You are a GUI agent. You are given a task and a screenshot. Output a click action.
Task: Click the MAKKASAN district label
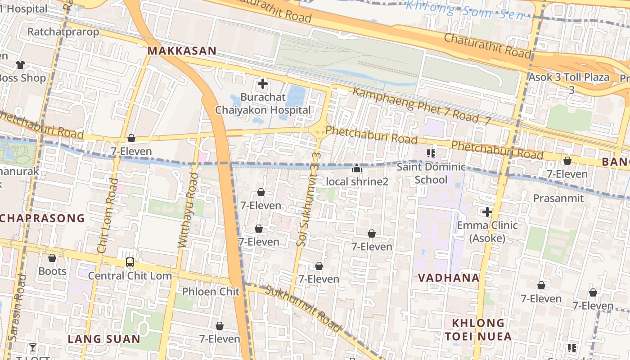[182, 51]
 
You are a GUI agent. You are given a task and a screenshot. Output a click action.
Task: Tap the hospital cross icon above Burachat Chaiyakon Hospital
[262, 84]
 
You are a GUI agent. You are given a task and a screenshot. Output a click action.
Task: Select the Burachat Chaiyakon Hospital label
[263, 103]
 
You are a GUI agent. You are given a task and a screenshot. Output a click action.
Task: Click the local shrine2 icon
[357, 169]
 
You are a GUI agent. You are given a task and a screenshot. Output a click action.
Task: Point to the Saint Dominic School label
[431, 173]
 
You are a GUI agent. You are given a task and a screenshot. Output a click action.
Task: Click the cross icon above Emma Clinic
[487, 211]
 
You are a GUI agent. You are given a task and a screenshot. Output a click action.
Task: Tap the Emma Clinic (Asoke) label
[487, 231]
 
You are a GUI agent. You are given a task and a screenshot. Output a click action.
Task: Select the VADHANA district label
[449, 278]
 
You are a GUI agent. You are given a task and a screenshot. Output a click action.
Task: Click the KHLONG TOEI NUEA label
[478, 329]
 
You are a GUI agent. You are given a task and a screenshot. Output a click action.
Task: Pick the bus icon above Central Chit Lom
[130, 262]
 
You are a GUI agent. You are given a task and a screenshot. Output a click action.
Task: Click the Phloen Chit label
[211, 292]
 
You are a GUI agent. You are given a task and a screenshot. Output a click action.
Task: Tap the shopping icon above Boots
[52, 258]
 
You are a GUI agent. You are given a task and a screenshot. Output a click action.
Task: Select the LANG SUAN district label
[104, 339]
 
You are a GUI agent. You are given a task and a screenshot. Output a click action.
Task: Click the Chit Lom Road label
[108, 216]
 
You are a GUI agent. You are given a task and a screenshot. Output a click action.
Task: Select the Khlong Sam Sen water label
[464, 10]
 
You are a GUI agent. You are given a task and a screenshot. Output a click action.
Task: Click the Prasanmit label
[558, 198]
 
